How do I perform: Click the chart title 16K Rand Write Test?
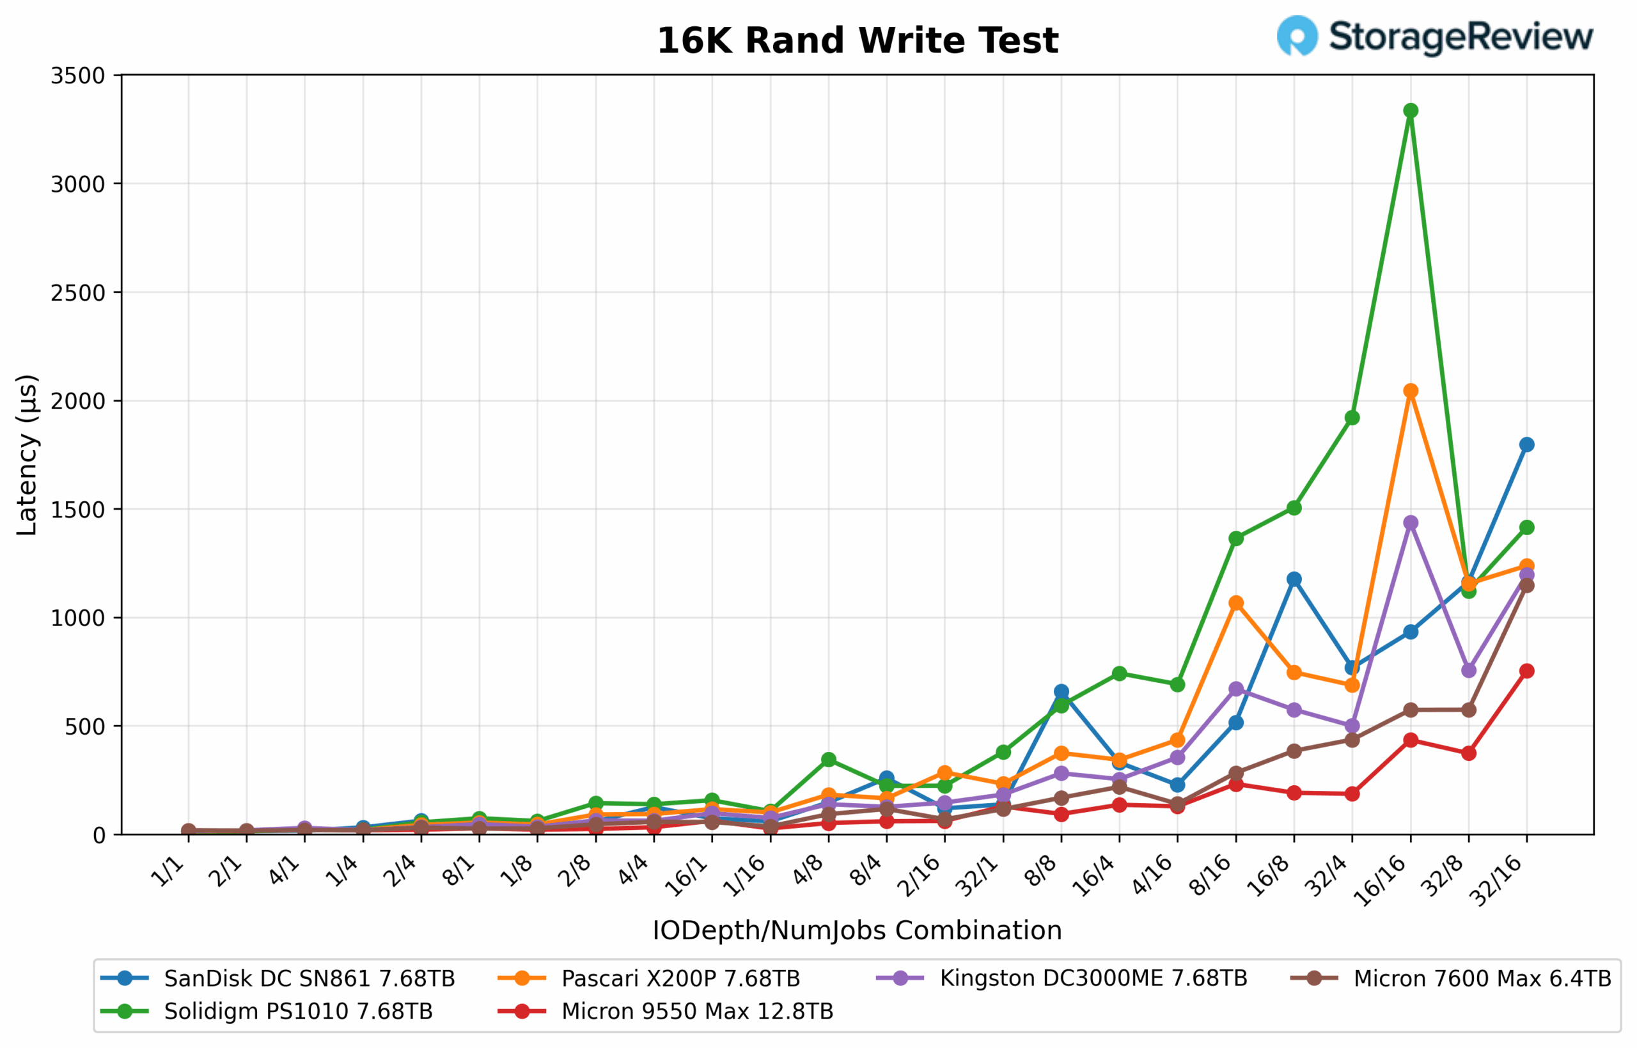[857, 41]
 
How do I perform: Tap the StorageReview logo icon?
[1297, 35]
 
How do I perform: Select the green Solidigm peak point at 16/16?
[1411, 111]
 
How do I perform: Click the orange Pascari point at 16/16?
[1411, 391]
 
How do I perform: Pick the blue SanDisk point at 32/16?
[1526, 444]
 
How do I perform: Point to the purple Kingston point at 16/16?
[1411, 522]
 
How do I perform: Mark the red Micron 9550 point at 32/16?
[1526, 671]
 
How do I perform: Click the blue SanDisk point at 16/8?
[1294, 579]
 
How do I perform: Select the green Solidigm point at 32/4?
[1352, 418]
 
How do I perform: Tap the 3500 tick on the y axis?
[77, 76]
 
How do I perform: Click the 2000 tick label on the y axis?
[77, 402]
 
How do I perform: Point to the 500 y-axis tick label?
[84, 727]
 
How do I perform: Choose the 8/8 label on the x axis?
[1042, 872]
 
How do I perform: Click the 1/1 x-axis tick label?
[168, 872]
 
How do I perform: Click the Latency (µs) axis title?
[27, 455]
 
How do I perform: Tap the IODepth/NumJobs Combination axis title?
[857, 931]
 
